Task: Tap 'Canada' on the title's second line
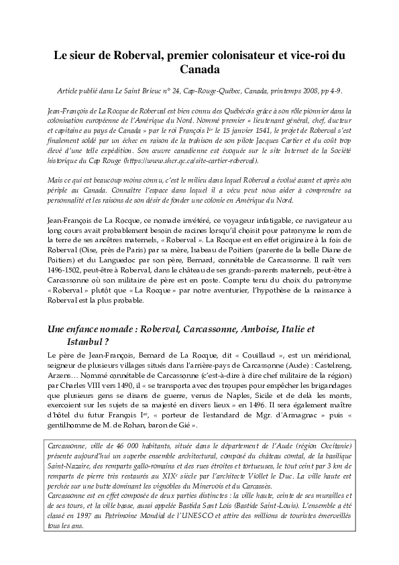[199, 69]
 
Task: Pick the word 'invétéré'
[187, 220]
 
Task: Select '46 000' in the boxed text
[118, 446]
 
